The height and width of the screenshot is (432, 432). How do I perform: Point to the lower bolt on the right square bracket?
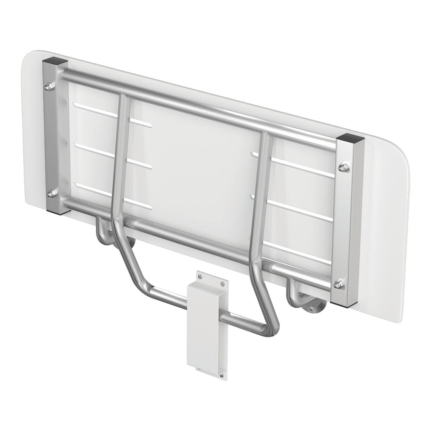339,284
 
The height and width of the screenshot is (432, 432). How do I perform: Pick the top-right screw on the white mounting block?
222,283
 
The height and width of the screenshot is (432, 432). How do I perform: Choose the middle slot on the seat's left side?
113,154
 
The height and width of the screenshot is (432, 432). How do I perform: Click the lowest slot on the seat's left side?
113,194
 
